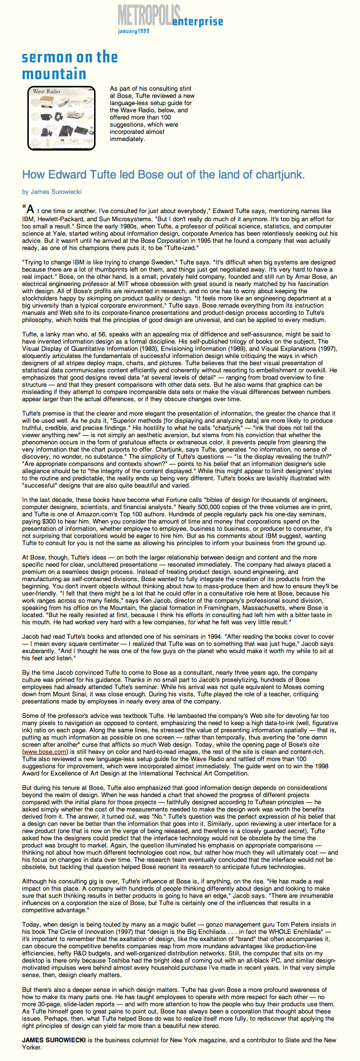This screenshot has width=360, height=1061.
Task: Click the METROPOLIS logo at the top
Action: pyautogui.click(x=149, y=15)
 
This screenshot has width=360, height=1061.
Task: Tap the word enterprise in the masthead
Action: pyautogui.click(x=198, y=22)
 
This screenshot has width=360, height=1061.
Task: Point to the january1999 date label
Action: pyautogui.click(x=133, y=31)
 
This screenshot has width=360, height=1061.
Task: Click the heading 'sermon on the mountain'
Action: pyautogui.click(x=70, y=65)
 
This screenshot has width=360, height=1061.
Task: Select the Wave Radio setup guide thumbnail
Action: pyautogui.click(x=61, y=118)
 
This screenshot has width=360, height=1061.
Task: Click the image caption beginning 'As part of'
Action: pyautogui.click(x=152, y=114)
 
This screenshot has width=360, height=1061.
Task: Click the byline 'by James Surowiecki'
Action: pyautogui.click(x=52, y=192)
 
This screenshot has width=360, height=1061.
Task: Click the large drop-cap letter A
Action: pyautogui.click(x=30, y=209)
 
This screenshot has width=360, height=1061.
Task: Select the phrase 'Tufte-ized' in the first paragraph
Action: pyautogui.click(x=179, y=248)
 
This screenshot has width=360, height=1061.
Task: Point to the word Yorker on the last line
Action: pyautogui.click(x=32, y=1047)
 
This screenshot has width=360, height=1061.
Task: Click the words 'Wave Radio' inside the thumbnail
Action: pyautogui.click(x=47, y=91)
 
